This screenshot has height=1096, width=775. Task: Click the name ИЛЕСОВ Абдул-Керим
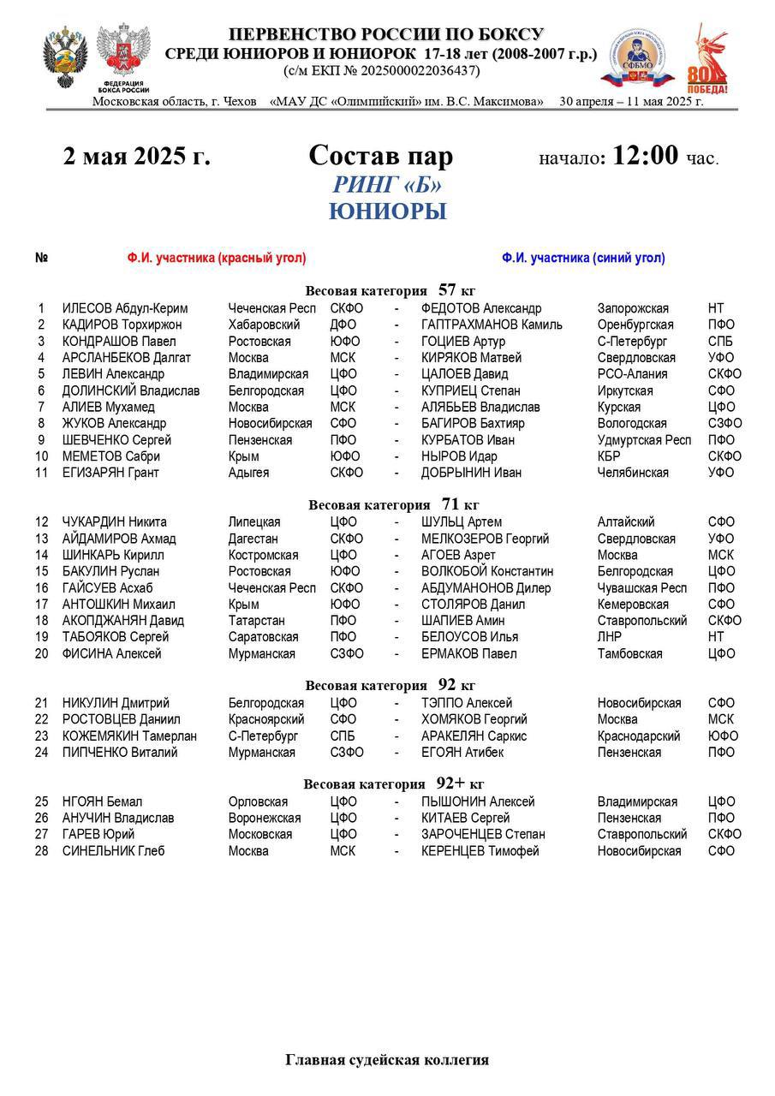[125, 308]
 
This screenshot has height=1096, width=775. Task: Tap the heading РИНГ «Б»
[388, 185]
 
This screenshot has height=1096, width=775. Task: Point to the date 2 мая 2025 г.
[136, 157]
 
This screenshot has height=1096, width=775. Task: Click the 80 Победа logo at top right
[707, 60]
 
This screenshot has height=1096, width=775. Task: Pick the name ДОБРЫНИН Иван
[470, 473]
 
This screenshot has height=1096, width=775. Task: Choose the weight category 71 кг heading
[393, 504]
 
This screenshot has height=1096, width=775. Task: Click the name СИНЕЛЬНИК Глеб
[113, 851]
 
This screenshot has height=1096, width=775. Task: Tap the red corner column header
[217, 258]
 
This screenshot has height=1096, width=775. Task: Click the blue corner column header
[583, 258]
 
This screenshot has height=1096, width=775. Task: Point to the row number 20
[42, 654]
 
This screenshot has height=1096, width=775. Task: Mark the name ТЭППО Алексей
[467, 704]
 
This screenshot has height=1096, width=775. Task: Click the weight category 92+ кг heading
[394, 784]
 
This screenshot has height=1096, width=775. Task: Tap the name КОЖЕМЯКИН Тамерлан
[129, 736]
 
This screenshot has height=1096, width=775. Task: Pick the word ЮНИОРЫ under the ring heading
[388, 212]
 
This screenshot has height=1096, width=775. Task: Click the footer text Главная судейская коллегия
[387, 1060]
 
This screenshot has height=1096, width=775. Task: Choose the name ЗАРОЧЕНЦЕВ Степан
[483, 835]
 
